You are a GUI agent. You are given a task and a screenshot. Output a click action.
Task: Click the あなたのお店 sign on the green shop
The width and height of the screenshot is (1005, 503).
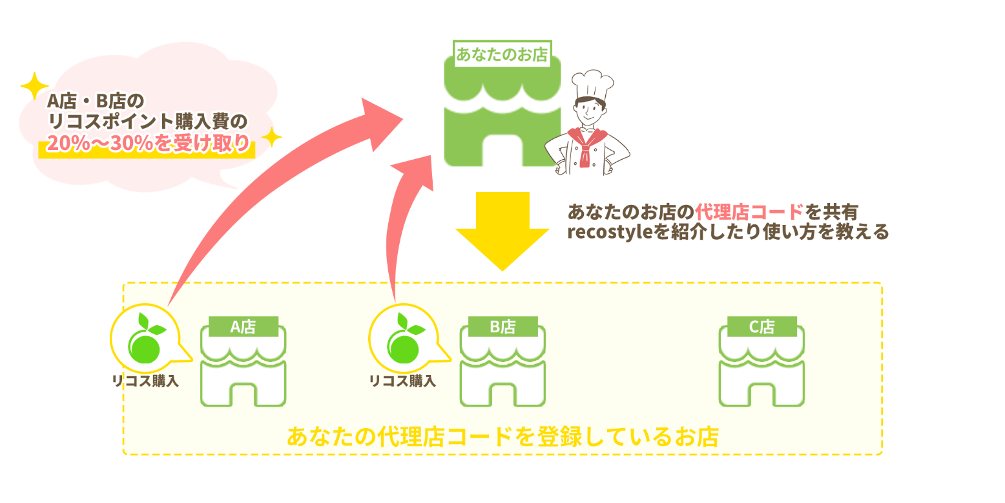click(502, 55)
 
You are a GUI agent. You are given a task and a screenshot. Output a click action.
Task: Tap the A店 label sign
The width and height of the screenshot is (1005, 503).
click(243, 327)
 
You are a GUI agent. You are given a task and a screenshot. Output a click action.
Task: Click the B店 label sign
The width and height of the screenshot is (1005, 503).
click(502, 327)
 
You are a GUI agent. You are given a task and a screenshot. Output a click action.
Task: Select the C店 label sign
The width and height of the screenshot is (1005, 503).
click(762, 327)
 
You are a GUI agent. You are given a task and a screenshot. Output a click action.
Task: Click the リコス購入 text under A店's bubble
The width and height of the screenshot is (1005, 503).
click(146, 381)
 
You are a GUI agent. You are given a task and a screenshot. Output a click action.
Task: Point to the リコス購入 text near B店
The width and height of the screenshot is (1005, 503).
click(402, 381)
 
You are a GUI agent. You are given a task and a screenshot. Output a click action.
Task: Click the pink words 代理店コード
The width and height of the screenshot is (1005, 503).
click(749, 211)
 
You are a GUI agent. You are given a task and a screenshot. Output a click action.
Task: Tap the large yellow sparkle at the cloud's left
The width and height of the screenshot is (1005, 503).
click(34, 87)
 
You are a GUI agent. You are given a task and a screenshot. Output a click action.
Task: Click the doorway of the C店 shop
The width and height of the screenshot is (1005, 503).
click(762, 394)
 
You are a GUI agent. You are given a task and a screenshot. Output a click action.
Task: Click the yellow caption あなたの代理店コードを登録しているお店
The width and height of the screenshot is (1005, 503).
click(502, 437)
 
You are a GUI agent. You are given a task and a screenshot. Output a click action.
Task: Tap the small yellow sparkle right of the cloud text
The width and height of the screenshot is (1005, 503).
click(272, 137)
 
